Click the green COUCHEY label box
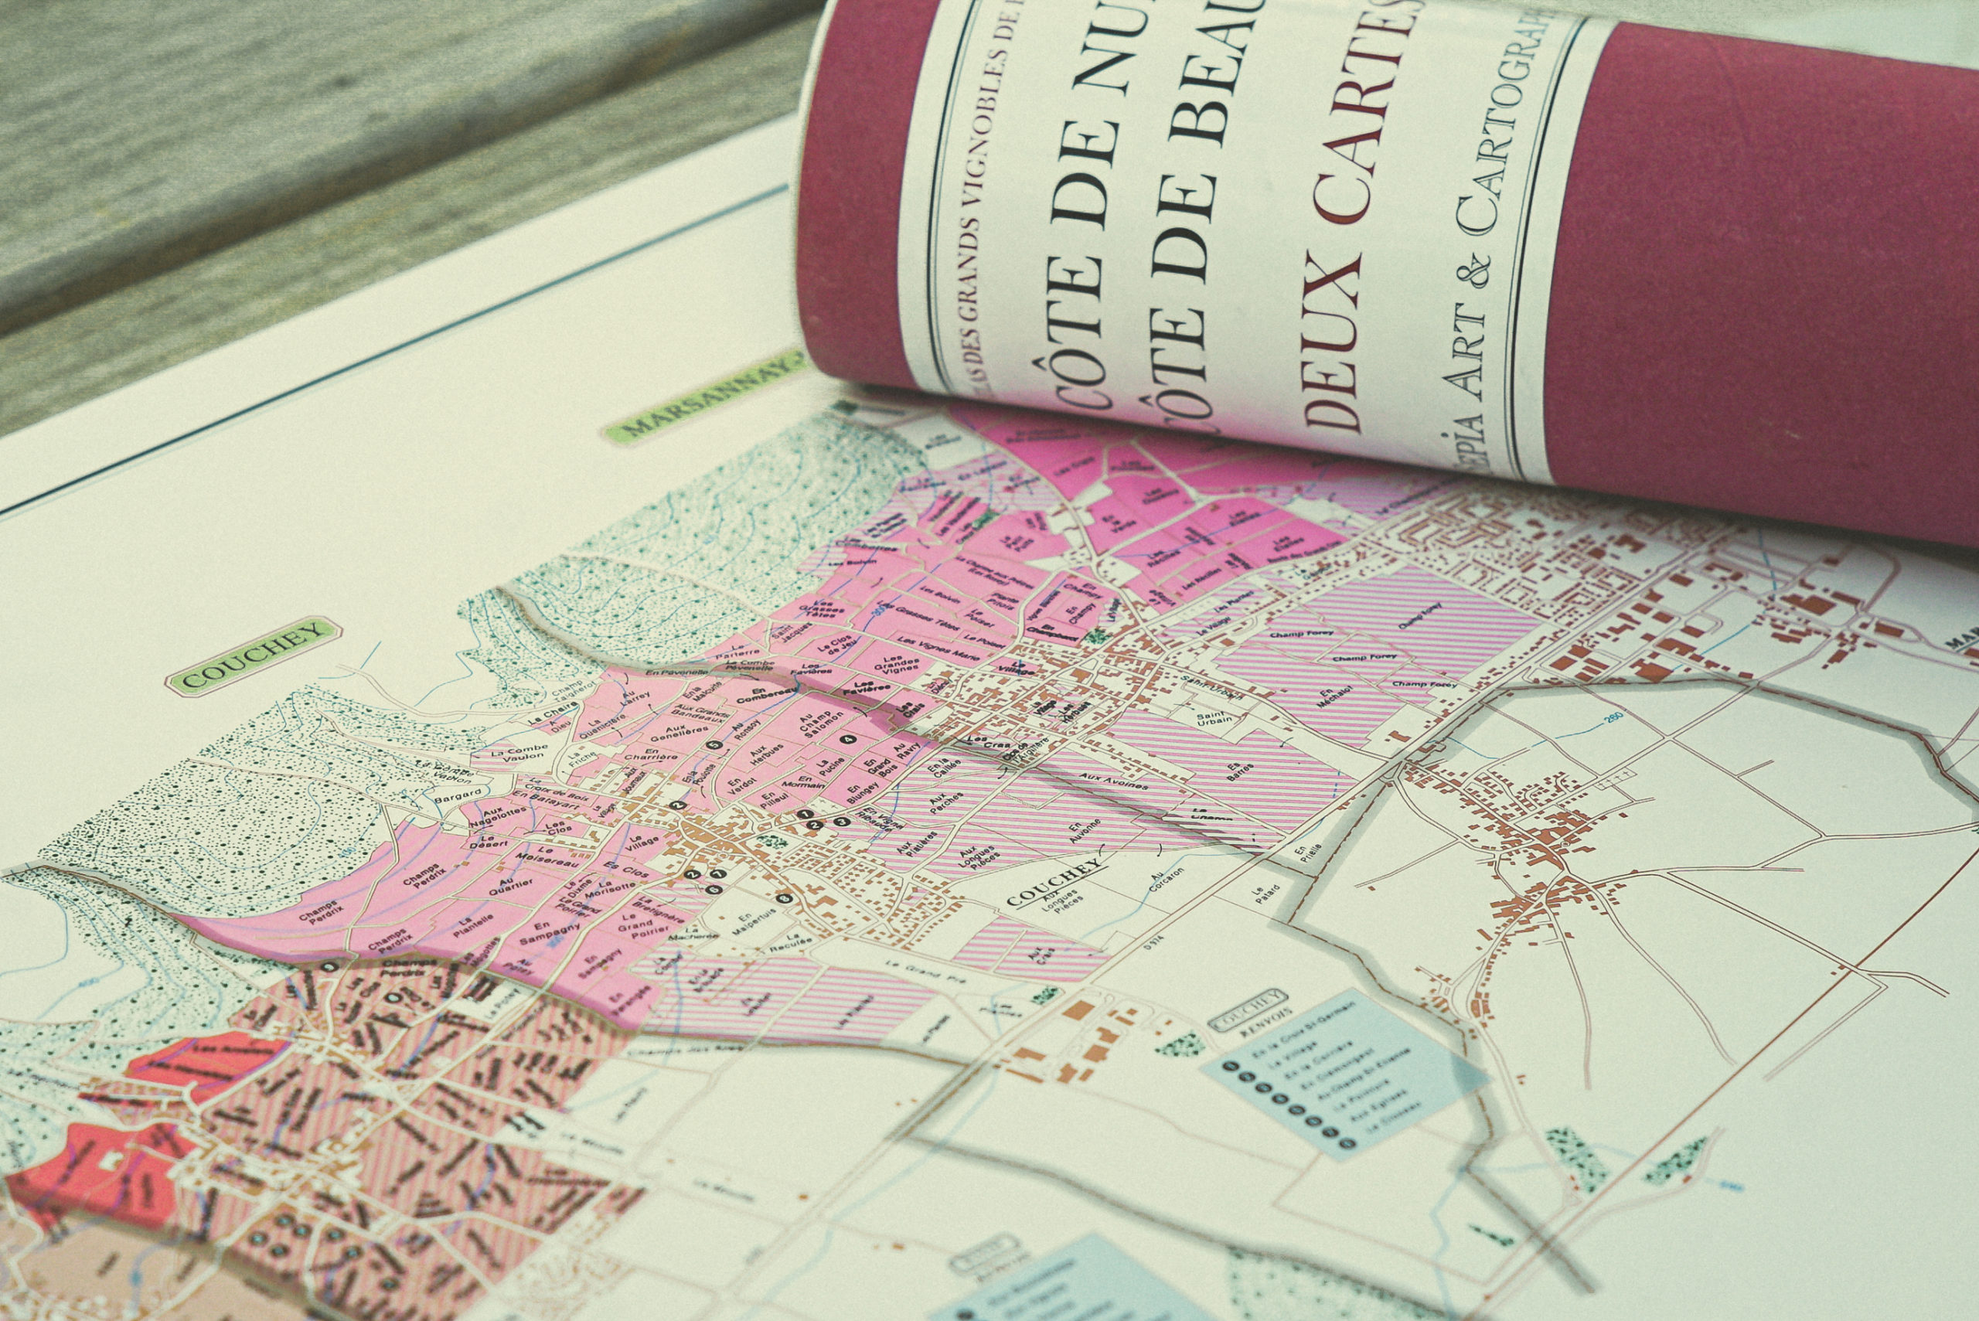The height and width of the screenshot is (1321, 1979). point(254,655)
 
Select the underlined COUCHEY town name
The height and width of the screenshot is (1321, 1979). point(1053,883)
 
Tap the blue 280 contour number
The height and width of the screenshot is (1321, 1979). point(1613,717)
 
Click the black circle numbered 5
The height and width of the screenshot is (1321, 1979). point(714,744)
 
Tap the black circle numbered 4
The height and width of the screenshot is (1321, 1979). point(848,739)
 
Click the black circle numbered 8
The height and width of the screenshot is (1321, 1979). point(785,898)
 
